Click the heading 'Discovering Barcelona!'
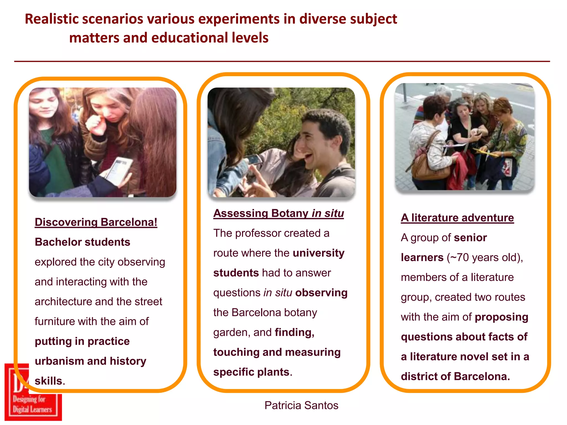pos(96,222)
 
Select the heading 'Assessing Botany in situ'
pos(279,213)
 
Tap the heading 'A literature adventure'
pos(457,218)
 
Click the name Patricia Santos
pos(301,405)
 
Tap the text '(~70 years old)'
pos(484,258)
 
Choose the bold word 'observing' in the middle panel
pos(321,293)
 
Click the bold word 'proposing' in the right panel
pos(501,317)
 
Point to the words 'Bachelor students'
pos(83,242)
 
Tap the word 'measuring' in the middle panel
pos(313,352)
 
